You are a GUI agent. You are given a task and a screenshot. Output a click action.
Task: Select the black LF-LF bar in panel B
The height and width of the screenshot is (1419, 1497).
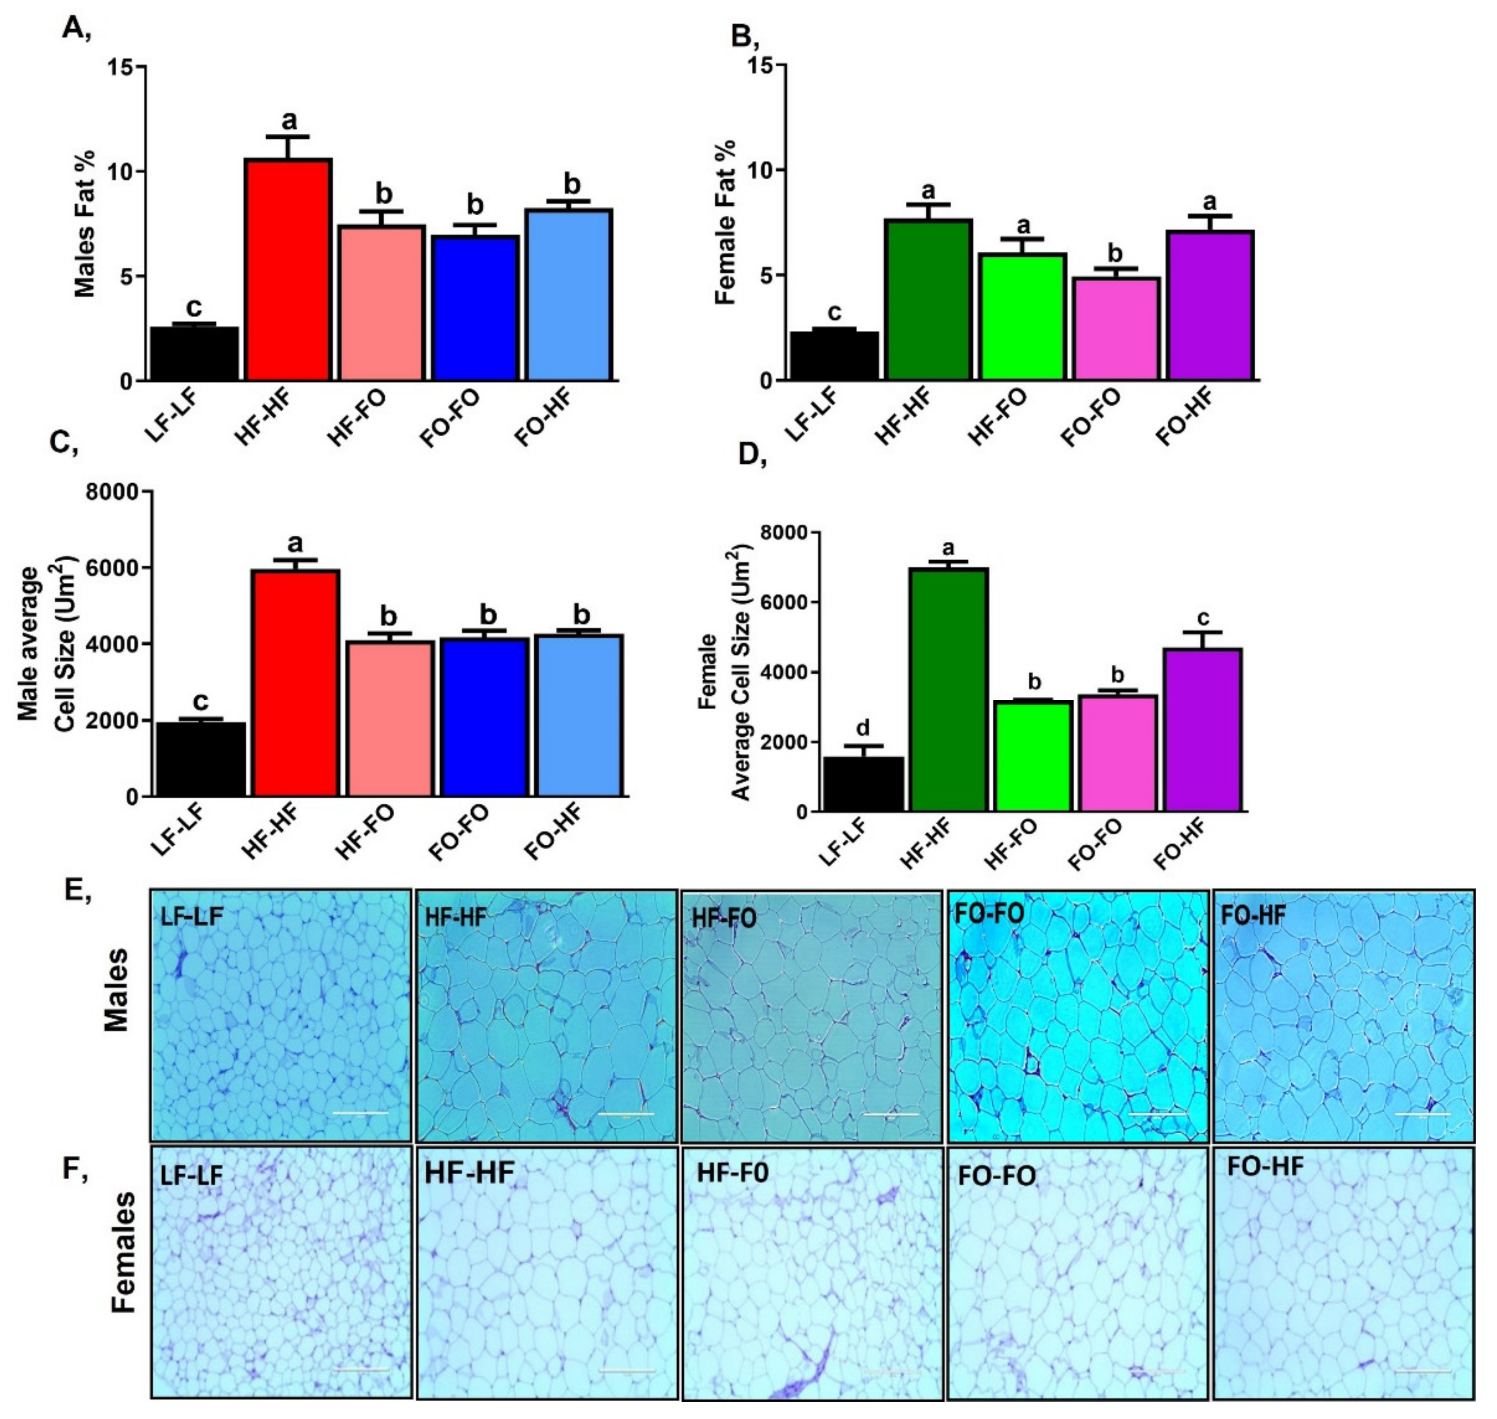[x=833, y=355]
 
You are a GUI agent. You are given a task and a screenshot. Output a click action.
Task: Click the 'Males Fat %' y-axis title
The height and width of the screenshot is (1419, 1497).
[x=86, y=224]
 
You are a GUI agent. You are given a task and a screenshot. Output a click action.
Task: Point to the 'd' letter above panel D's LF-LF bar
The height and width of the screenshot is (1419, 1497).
[x=863, y=728]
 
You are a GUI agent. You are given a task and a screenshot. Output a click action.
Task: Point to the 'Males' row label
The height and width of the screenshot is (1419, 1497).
[x=117, y=991]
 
